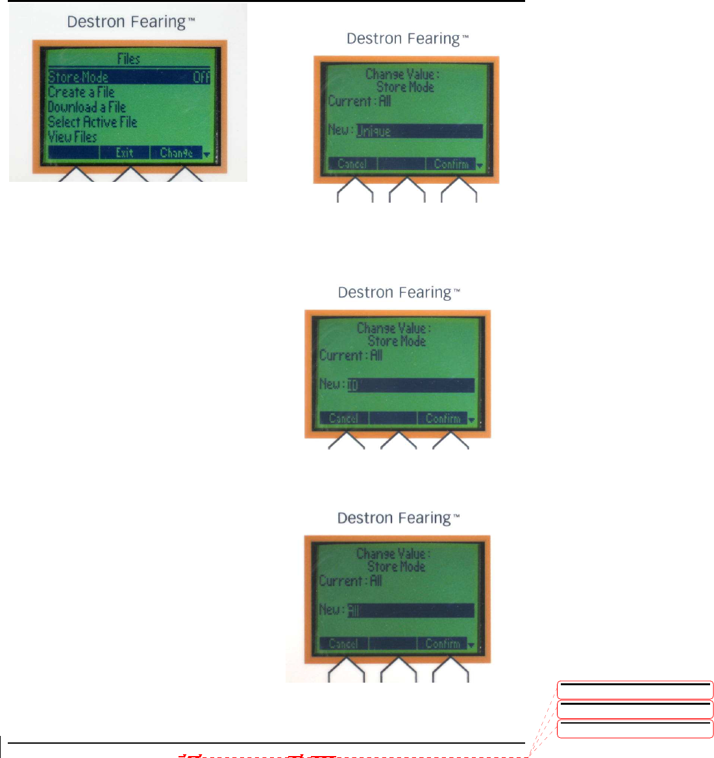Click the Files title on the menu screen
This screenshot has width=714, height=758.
click(x=129, y=59)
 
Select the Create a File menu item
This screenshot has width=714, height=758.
click(x=81, y=92)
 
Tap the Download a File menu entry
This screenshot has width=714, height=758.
click(x=87, y=107)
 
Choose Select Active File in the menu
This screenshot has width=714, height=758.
click(x=93, y=122)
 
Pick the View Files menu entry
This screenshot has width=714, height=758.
click(x=73, y=137)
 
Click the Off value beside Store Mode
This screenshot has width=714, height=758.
click(x=201, y=77)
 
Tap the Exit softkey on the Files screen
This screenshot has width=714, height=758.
click(x=125, y=153)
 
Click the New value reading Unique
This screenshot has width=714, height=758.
click(x=374, y=131)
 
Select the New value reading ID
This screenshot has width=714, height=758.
click(x=353, y=385)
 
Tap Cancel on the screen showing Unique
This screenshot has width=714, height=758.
click(x=352, y=164)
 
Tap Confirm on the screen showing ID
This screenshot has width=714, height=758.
click(x=443, y=418)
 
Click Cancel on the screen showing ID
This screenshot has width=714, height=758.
click(x=344, y=418)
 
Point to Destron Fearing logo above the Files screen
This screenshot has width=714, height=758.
click(x=131, y=22)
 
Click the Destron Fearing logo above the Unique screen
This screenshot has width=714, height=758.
click(x=408, y=39)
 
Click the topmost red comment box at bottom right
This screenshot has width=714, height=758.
click(x=635, y=690)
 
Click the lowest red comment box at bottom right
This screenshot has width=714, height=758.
click(x=635, y=729)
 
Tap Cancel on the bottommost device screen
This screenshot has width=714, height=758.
click(x=343, y=644)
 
